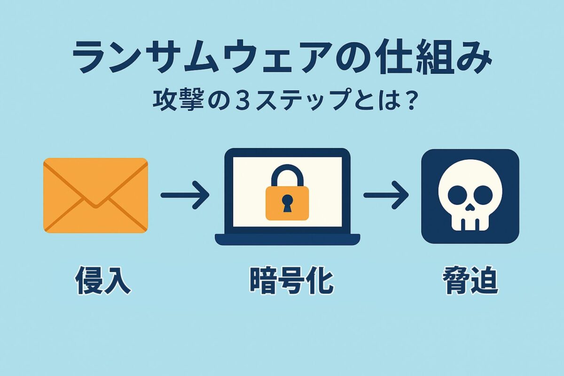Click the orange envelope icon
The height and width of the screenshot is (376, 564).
pos(95,195)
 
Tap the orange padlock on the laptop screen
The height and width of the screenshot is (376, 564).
pos(287,202)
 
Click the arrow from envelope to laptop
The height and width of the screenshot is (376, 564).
pos(185,194)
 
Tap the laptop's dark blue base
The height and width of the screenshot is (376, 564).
pos(287,239)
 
